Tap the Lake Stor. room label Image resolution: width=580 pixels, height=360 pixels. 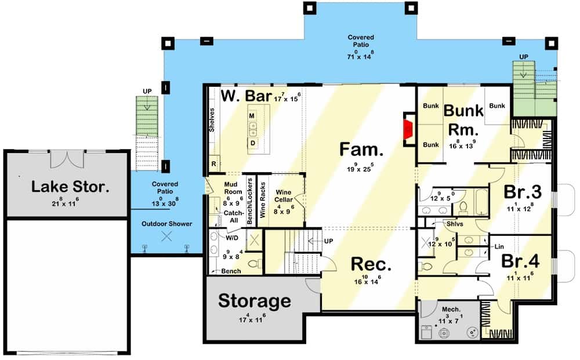(70, 186)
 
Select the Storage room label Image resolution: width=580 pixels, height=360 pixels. (254, 300)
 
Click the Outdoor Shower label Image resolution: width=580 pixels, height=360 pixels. (166, 224)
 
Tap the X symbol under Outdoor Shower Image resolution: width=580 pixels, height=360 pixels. (166, 236)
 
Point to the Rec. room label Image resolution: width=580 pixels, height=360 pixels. (371, 264)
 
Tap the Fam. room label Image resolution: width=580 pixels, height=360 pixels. (361, 151)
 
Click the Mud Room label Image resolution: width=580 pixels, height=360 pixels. (233, 188)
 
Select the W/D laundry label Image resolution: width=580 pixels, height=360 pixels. (231, 237)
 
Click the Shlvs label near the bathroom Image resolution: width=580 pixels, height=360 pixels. (454, 223)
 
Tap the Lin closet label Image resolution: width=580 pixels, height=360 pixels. (498, 246)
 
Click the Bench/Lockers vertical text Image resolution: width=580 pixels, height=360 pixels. (250, 201)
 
